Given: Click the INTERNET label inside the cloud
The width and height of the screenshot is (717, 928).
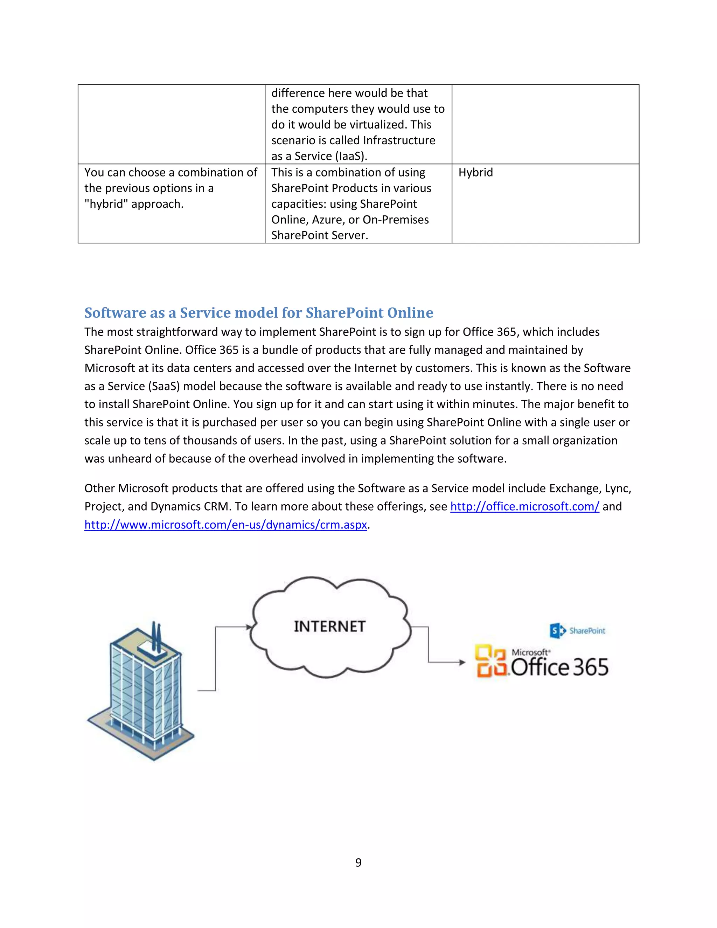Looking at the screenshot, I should coord(329,626).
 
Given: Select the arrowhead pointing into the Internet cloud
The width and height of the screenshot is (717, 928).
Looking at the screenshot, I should coord(249,626).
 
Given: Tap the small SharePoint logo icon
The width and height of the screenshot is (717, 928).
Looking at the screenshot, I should coord(558,631).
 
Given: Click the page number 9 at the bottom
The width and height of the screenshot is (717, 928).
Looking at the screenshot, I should coord(358,862).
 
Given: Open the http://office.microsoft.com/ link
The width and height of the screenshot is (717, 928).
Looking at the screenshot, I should coord(524,506).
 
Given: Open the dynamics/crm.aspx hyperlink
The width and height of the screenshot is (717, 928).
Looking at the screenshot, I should coord(225,525).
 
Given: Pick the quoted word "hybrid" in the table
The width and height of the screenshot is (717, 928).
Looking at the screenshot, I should coord(106,204).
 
